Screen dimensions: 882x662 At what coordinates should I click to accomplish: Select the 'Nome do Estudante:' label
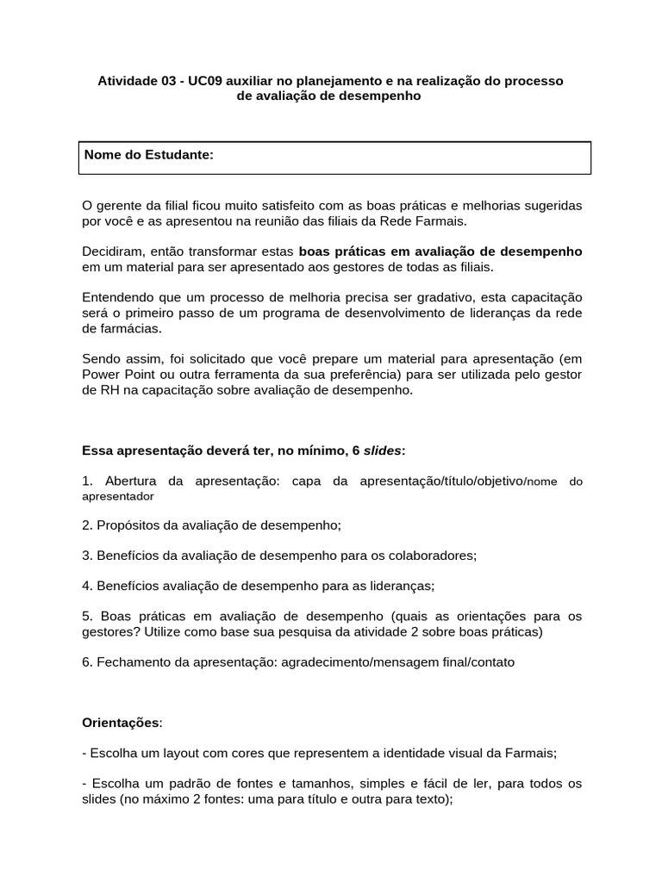click(x=148, y=154)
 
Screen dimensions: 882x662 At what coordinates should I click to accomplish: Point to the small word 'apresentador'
click(x=118, y=496)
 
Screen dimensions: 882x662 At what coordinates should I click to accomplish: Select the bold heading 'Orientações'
click(x=121, y=722)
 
